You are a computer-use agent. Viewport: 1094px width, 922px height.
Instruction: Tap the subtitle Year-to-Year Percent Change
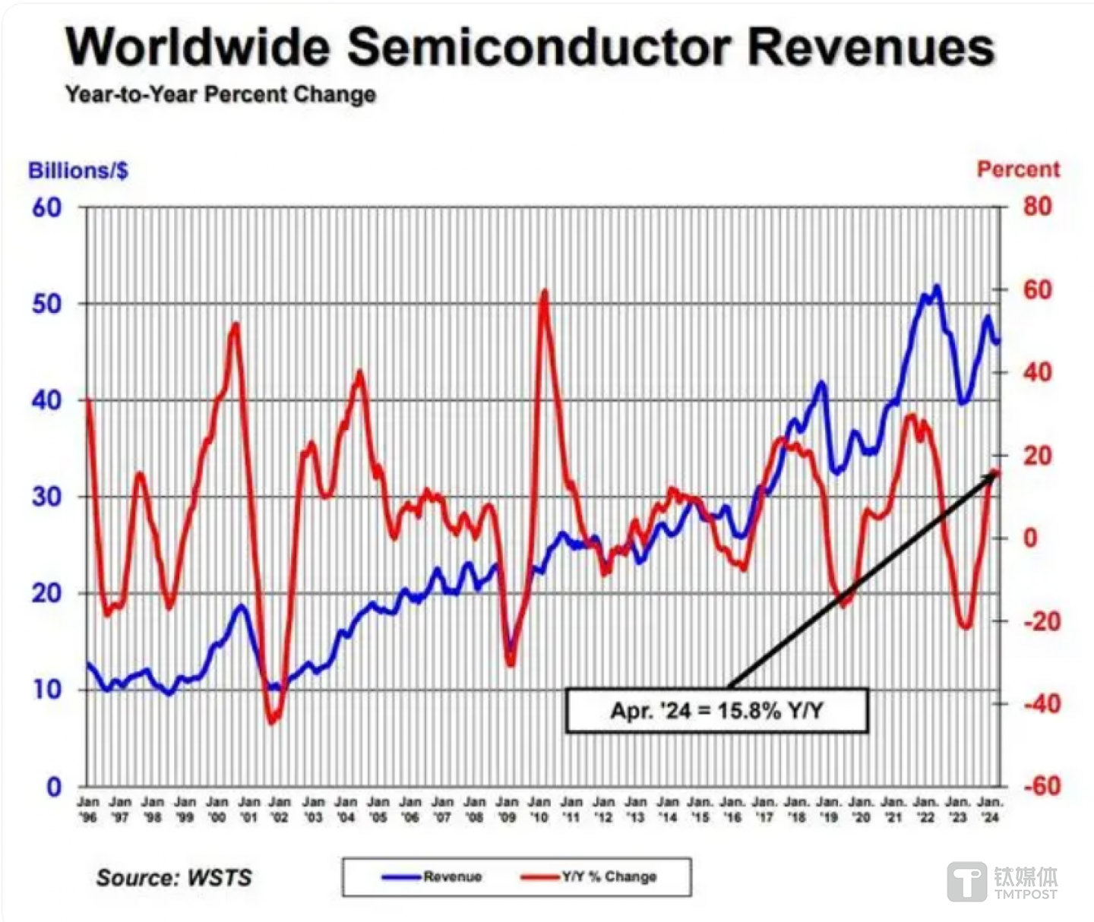220,95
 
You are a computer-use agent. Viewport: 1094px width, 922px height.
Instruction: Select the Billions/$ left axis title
78,170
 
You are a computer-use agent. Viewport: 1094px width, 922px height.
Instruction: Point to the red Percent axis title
1018,169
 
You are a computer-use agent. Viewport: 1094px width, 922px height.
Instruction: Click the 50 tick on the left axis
46,304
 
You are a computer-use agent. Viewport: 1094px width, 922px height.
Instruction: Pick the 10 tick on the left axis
46,690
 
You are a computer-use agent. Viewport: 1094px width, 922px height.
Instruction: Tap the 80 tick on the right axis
1037,207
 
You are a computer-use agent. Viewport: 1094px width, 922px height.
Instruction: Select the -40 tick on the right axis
1040,703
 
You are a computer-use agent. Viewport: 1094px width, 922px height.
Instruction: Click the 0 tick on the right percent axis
1030,538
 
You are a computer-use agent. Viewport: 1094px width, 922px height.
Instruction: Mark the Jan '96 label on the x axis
88,810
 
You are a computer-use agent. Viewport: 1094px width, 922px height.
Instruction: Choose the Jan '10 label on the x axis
539,810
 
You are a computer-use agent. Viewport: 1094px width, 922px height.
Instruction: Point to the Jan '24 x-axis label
990,810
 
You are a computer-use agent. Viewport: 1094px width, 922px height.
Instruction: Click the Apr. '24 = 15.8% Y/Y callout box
716,711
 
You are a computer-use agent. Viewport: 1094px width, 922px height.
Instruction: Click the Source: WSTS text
174,878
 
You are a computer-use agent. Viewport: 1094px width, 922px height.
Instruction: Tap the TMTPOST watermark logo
1003,883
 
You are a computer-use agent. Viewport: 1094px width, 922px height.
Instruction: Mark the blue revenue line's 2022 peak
937,286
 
